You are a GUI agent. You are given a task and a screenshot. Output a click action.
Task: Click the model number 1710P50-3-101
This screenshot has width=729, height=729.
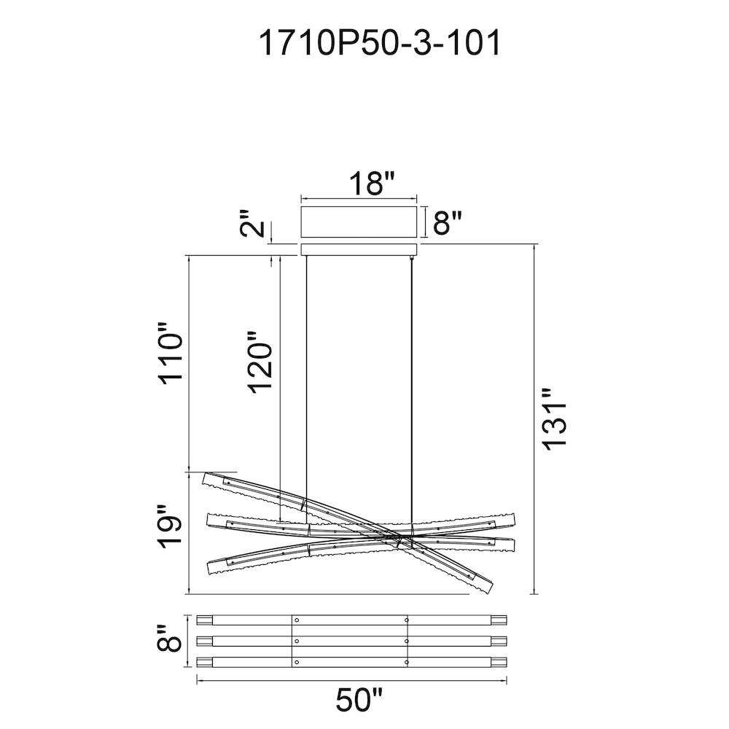pos(379,43)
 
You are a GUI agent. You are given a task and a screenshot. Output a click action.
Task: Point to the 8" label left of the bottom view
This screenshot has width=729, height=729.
pos(170,640)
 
